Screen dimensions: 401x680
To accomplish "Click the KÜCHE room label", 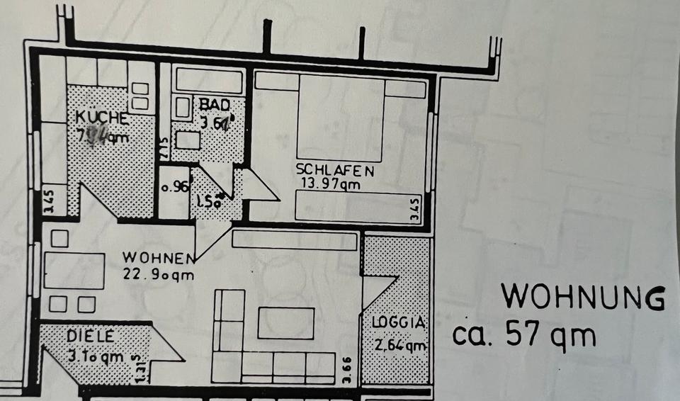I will pyautogui.click(x=103, y=118).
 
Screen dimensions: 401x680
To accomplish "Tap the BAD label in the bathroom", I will pyautogui.click(x=214, y=105).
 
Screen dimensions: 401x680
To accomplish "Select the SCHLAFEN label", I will pyautogui.click(x=335, y=171).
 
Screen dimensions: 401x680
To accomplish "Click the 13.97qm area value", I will pyautogui.click(x=330, y=185).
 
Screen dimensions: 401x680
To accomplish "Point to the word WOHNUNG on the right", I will pyautogui.click(x=583, y=298).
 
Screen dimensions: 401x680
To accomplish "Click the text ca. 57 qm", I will pyautogui.click(x=524, y=334).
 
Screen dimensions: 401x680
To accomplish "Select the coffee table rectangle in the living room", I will pyautogui.click(x=286, y=322).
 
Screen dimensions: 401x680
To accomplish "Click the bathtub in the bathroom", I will pyautogui.click(x=209, y=81).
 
